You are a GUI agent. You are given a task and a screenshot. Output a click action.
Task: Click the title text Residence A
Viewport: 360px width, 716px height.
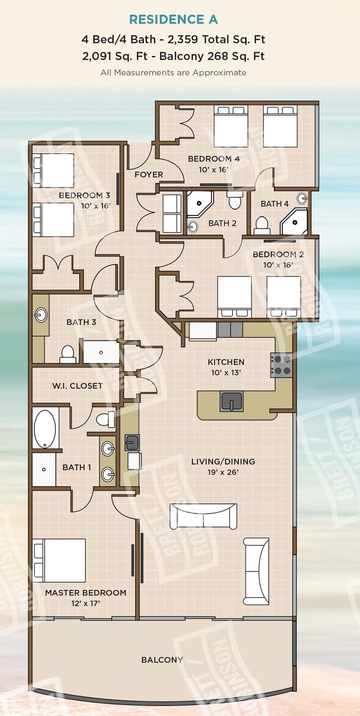173,19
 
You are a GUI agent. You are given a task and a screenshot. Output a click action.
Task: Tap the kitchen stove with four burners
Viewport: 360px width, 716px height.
282,365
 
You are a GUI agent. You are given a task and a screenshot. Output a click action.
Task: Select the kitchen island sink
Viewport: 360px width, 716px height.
231,401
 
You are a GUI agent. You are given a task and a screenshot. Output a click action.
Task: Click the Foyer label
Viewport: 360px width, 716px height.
149,175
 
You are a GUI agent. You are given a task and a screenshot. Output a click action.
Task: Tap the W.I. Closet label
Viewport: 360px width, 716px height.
77,386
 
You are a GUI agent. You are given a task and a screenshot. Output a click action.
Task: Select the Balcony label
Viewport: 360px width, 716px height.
162,660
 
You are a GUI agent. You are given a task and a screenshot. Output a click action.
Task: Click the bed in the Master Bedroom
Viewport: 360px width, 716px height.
59,560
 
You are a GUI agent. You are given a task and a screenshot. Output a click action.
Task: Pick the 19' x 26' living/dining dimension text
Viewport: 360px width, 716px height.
223,472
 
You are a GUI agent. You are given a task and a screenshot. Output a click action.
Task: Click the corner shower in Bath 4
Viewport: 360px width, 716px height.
295,222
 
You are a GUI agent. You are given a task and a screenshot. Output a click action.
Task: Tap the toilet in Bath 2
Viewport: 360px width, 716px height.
235,201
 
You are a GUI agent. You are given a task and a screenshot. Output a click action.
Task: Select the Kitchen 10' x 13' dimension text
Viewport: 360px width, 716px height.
226,373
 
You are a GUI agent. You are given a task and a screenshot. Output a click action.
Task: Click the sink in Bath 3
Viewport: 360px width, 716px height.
41,315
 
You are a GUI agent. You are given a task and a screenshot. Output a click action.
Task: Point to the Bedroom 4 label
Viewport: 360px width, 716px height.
214,159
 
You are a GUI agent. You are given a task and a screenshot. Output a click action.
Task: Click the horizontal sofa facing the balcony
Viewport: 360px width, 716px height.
203,516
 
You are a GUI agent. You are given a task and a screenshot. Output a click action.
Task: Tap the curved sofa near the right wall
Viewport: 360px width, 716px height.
256,571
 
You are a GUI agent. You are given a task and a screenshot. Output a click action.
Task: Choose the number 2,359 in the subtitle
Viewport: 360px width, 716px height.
183,39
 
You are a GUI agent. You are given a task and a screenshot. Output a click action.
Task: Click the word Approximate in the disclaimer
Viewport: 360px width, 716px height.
219,73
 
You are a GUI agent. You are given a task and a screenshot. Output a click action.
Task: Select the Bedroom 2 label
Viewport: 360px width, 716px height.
278,254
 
